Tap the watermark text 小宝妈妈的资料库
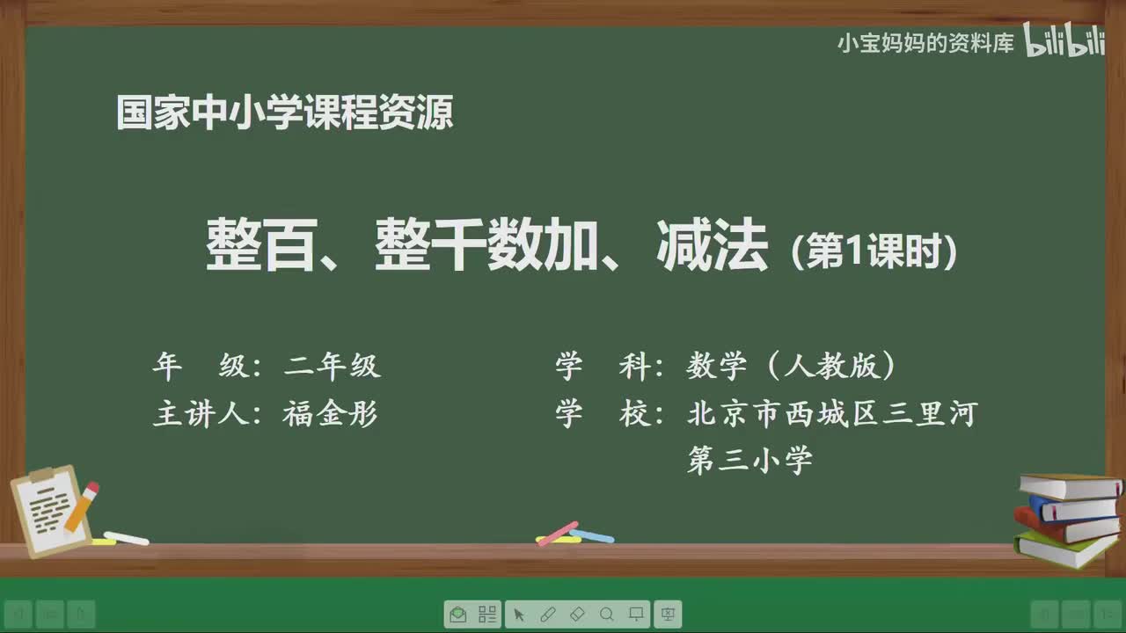point(925,43)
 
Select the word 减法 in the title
point(713,247)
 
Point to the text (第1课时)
point(874,253)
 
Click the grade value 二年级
point(332,367)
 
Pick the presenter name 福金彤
point(330,414)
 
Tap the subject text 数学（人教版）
point(792,367)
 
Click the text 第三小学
point(749,460)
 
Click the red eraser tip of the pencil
point(91,488)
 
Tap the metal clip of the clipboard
point(41,475)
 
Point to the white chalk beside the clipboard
point(126,538)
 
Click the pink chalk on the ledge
point(557,533)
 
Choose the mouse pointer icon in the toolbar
point(519,614)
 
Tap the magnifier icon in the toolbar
point(607,614)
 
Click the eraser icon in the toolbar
point(577,614)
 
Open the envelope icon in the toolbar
point(457,614)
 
